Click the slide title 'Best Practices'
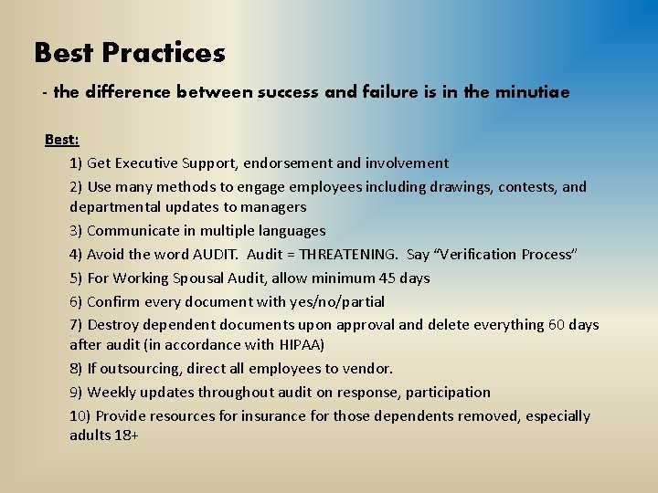pyautogui.click(x=129, y=53)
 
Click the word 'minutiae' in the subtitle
pyautogui.click(x=531, y=92)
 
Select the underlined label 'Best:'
pyautogui.click(x=62, y=140)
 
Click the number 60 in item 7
pyautogui.click(x=557, y=324)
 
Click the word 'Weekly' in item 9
pyautogui.click(x=112, y=393)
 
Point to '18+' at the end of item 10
pyautogui.click(x=126, y=435)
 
